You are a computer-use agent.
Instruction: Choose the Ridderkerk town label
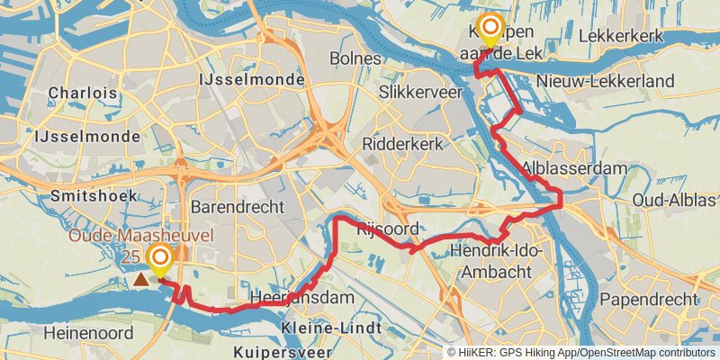pyautogui.click(x=405, y=144)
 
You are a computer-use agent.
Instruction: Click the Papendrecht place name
pyautogui.click(x=648, y=299)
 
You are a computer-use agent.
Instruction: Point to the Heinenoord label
pyautogui.click(x=86, y=333)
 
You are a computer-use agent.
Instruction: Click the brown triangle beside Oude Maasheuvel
pyautogui.click(x=141, y=280)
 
